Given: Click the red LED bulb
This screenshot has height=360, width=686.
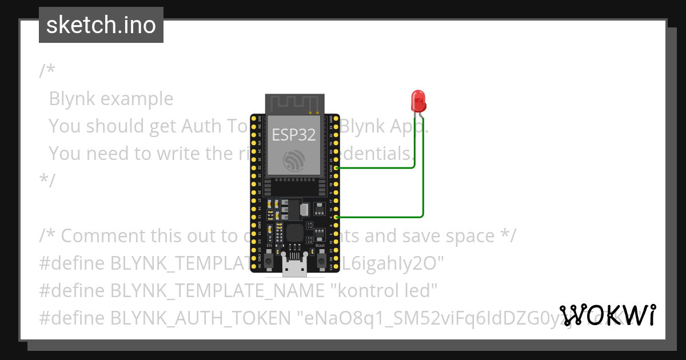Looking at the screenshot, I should click(418, 101).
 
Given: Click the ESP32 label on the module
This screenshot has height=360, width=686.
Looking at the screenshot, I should click(293, 135).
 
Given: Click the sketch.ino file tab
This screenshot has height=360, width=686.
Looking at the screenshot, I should click(101, 25).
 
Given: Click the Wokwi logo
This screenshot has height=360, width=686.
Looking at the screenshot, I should click(607, 315).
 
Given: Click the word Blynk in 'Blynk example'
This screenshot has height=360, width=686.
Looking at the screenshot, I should click(72, 99).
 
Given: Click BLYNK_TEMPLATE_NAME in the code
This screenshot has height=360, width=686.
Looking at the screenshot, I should click(217, 291).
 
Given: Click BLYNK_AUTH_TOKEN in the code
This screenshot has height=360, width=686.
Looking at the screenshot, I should click(201, 318).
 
